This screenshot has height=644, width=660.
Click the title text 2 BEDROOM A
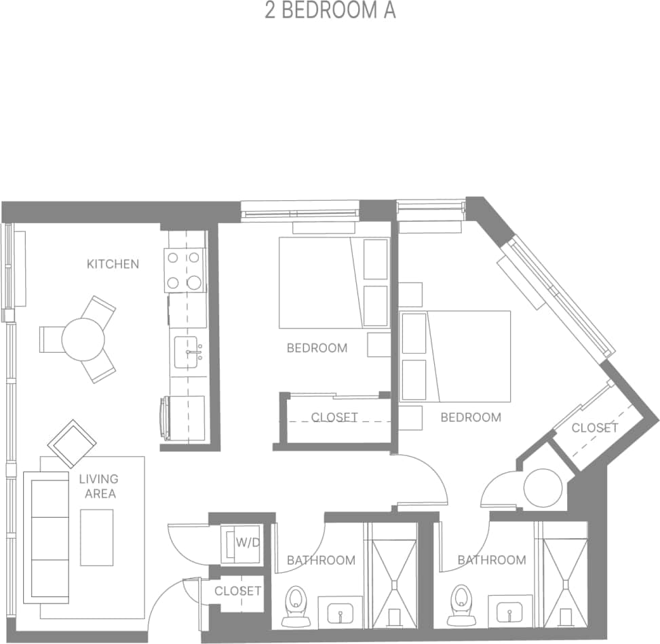330,12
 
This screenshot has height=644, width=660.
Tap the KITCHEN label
113,264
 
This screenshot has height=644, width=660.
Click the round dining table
83,339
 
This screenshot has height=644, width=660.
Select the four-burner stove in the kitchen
185,269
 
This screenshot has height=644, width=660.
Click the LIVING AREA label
99,487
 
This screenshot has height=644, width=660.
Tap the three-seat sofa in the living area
46,536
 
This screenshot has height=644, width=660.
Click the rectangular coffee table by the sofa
96,537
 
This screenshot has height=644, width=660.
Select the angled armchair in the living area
72,443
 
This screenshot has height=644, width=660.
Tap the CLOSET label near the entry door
237,591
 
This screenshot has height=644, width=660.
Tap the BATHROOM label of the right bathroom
491,560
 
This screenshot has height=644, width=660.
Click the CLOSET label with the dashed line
334,417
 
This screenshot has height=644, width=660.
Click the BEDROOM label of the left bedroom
317,348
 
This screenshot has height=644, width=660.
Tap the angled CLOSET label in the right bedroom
594,428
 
